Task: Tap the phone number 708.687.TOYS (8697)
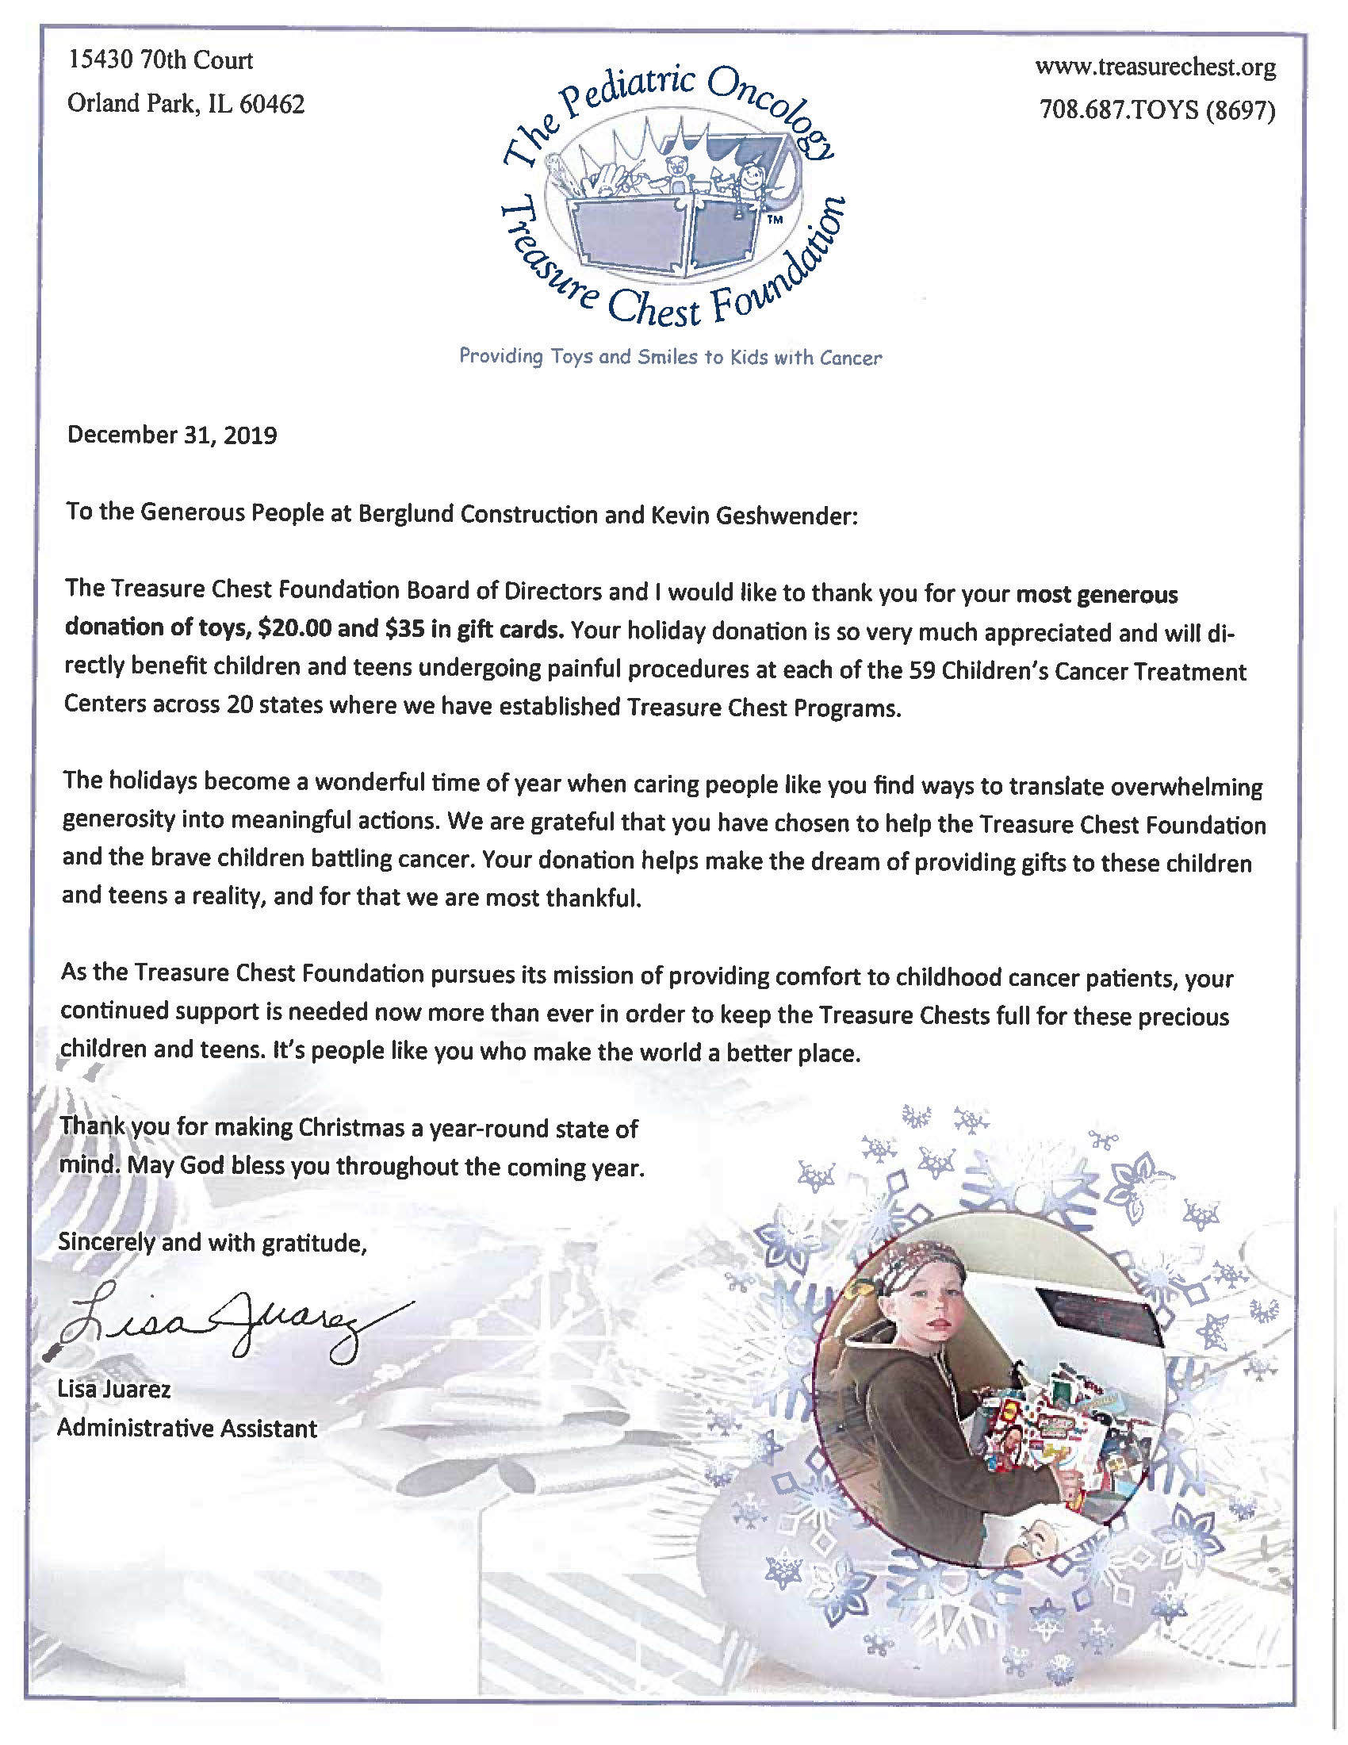click(1155, 110)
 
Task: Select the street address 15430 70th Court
click(160, 60)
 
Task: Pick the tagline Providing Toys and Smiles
click(670, 357)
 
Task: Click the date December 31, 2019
click(172, 435)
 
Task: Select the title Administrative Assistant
click(187, 1429)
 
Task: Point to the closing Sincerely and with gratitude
click(213, 1243)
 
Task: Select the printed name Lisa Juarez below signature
click(113, 1390)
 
